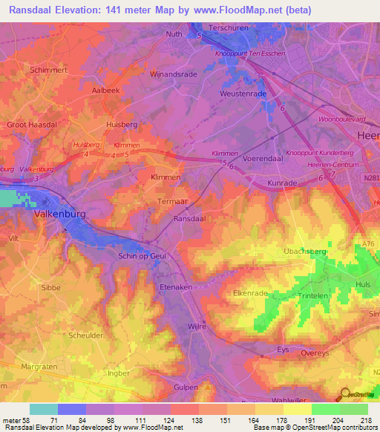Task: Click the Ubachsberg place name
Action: pos(305,252)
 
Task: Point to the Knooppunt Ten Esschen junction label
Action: pos(249,54)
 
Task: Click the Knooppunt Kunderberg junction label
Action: pos(318,152)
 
